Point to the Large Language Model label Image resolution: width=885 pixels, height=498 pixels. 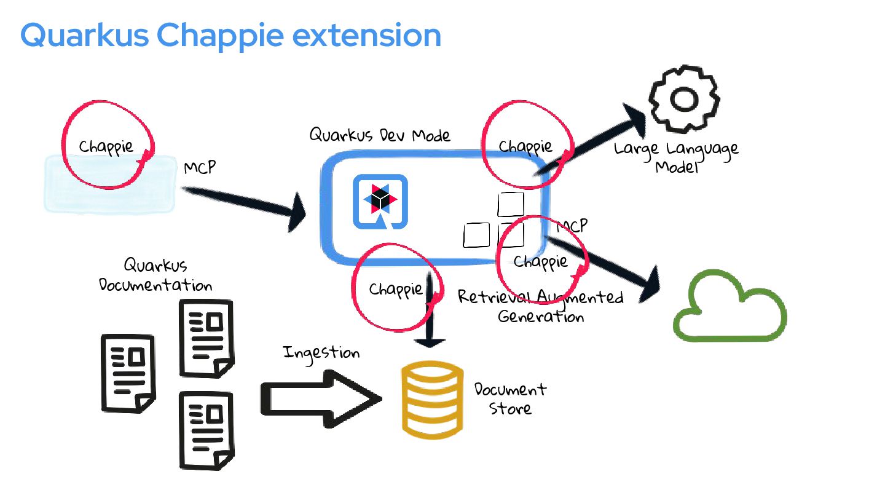coord(676,157)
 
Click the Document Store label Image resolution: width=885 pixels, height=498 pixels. coord(510,398)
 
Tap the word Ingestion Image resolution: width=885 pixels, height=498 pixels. coord(321,353)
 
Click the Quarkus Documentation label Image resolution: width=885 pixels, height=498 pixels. coord(155,275)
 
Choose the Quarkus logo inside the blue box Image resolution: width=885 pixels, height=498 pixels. coord(380,202)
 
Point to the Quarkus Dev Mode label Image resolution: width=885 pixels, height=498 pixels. coord(379,135)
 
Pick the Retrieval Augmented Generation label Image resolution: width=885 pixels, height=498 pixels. coord(541,306)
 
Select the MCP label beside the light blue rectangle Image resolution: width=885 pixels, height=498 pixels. coord(200,167)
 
